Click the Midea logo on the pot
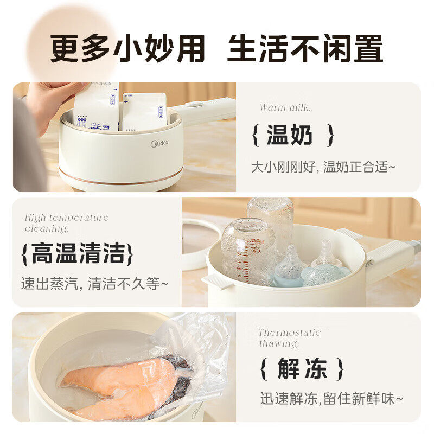coord(158,143)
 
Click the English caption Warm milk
coord(286,107)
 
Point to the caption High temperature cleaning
coord(66,223)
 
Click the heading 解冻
coord(302,369)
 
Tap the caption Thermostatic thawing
coord(289,338)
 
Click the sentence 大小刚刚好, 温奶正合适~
coord(323,167)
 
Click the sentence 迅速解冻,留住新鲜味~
coord(331,399)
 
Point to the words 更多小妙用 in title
coord(128,49)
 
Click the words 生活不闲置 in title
coord(305,49)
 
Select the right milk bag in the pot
coord(144,111)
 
